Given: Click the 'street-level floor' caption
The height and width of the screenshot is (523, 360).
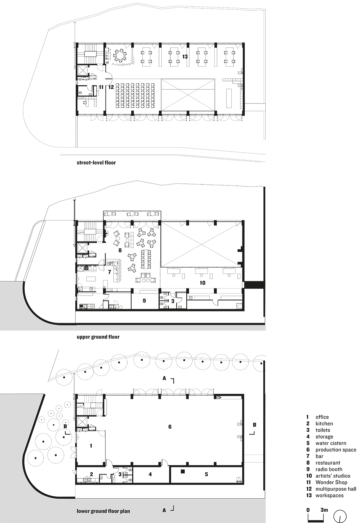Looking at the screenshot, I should pyautogui.click(x=96, y=163).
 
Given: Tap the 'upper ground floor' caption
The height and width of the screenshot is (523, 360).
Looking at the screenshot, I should pyautogui.click(x=98, y=337).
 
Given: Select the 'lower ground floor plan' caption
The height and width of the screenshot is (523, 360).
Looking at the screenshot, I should pyautogui.click(x=103, y=511).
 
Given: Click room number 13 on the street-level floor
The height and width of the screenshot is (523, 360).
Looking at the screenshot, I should pyautogui.click(x=185, y=57).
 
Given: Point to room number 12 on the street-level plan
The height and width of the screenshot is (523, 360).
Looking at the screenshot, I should pyautogui.click(x=111, y=87).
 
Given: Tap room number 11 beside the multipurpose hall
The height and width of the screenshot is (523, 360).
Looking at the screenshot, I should pyautogui.click(x=101, y=87).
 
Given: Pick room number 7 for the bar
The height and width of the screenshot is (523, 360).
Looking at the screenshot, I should pyautogui.click(x=109, y=272).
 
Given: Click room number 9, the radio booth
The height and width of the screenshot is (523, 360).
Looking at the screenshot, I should pyautogui.click(x=144, y=301).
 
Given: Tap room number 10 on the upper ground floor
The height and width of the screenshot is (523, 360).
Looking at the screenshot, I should pyautogui.click(x=202, y=283).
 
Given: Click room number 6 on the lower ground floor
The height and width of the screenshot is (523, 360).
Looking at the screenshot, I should pyautogui.click(x=170, y=427).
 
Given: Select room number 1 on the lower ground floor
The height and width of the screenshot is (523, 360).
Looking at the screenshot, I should pyautogui.click(x=91, y=446).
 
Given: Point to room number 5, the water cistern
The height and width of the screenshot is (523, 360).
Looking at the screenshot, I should pyautogui.click(x=206, y=474).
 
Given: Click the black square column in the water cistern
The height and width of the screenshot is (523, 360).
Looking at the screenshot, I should pyautogui.click(x=182, y=471).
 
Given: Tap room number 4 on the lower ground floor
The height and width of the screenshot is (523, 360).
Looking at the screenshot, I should pyautogui.click(x=150, y=474).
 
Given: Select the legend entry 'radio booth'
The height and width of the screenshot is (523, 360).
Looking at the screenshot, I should pyautogui.click(x=329, y=469).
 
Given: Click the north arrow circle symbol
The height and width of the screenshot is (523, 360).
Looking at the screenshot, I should pyautogui.click(x=340, y=516).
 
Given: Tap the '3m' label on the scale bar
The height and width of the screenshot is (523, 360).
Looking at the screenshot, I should pyautogui.click(x=324, y=510).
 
